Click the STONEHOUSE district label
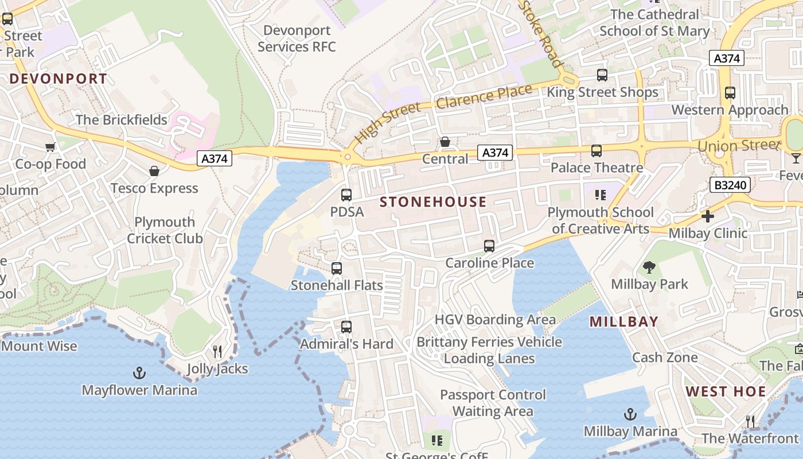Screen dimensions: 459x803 click(x=433, y=202)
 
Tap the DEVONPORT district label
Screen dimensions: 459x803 click(x=59, y=79)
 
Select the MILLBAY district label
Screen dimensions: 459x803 click(x=623, y=322)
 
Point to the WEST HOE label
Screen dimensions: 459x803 click(x=726, y=392)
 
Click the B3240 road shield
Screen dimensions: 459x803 click(x=730, y=185)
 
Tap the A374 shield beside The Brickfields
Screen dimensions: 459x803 click(x=215, y=158)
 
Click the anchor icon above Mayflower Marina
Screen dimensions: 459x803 click(x=139, y=374)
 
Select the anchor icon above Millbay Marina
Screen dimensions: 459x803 click(x=630, y=414)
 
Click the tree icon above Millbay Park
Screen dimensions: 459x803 click(x=649, y=267)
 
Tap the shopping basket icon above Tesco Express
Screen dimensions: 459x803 click(x=154, y=171)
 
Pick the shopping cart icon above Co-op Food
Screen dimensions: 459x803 click(x=50, y=147)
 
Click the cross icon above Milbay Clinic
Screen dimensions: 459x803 click(x=708, y=216)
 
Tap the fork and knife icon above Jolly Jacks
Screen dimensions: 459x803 click(x=217, y=351)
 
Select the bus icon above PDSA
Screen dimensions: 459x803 click(x=346, y=195)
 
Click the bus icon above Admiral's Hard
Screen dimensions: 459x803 click(x=346, y=327)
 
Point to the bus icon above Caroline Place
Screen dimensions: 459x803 click(x=489, y=246)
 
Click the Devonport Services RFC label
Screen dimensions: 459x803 click(x=297, y=38)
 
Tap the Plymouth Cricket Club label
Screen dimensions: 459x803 click(x=165, y=230)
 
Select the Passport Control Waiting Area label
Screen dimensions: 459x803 click(x=493, y=403)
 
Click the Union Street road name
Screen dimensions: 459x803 click(x=738, y=145)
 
